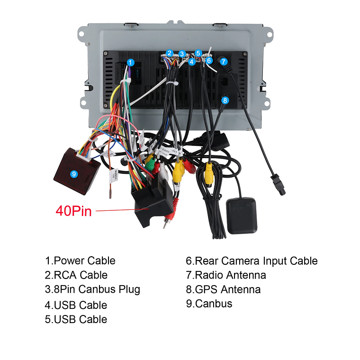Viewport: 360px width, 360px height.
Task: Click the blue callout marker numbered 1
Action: point(131,63)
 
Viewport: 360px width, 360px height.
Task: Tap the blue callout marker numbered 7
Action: point(224,62)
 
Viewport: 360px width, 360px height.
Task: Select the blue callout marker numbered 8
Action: point(225,100)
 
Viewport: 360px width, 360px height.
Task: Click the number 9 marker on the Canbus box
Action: point(73,174)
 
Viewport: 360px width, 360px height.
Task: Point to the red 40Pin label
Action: point(73,211)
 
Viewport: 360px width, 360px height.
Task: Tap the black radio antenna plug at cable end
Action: point(278,184)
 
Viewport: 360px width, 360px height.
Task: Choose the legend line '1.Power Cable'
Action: point(80,261)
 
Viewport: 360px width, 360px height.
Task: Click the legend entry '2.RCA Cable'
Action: point(76,275)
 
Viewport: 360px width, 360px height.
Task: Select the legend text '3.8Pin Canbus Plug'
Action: point(92,289)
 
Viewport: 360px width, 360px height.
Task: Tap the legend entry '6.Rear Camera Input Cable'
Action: point(252,261)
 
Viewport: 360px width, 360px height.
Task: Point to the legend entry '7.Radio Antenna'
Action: point(226,275)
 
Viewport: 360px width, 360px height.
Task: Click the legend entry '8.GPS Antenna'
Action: point(223,289)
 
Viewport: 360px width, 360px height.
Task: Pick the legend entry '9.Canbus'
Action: point(209,304)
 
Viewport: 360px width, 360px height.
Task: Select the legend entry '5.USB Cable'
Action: point(76,319)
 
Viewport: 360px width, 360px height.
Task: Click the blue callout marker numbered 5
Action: point(198,53)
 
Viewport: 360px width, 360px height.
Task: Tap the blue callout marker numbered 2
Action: point(170,53)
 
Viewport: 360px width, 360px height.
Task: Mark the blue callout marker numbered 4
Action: point(192,62)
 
